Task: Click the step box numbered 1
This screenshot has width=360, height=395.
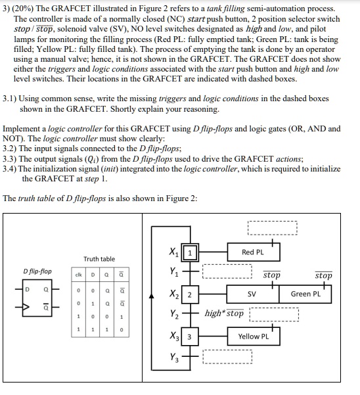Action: click(x=190, y=253)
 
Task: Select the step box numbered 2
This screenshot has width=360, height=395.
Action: click(x=190, y=294)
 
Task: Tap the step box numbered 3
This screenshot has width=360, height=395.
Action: click(x=190, y=337)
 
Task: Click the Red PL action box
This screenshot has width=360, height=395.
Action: click(x=252, y=253)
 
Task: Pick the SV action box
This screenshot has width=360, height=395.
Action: click(x=252, y=294)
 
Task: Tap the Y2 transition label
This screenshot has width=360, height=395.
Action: click(x=173, y=314)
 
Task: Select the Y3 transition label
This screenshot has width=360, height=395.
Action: click(x=173, y=359)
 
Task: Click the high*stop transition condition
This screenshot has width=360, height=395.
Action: click(x=224, y=314)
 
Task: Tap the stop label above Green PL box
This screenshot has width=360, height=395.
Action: click(x=323, y=276)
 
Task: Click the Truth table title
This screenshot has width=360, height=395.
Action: click(x=99, y=259)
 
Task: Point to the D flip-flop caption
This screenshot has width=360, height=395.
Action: click(x=36, y=271)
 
